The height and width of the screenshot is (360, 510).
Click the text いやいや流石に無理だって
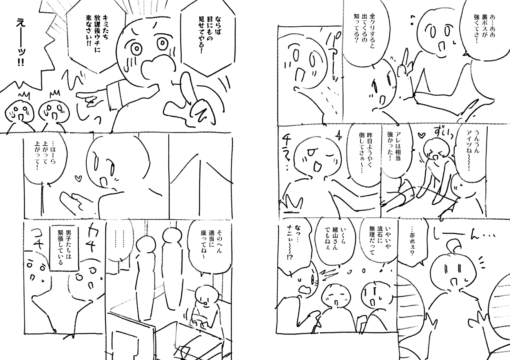376,241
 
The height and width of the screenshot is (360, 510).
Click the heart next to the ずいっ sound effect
422,135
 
